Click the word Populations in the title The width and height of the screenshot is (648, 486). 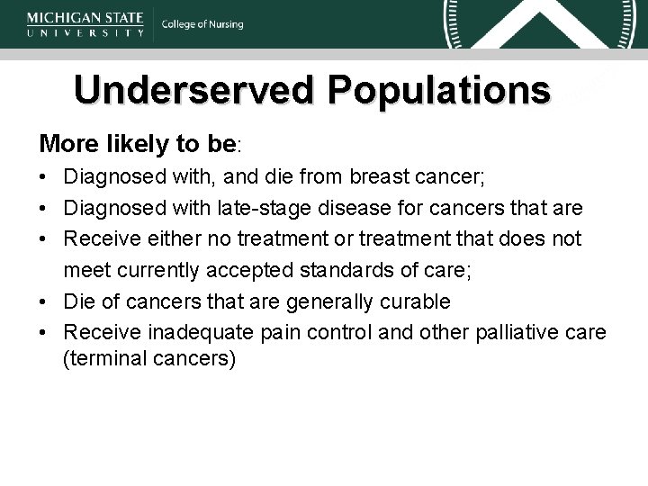point(438,91)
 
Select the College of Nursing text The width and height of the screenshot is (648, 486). point(202,24)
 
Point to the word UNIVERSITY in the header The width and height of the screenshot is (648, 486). point(85,32)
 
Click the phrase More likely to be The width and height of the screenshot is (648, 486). point(136,144)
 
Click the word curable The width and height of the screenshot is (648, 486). point(423,300)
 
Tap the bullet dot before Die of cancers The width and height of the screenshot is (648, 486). point(44,301)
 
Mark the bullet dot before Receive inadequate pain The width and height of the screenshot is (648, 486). point(44,331)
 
